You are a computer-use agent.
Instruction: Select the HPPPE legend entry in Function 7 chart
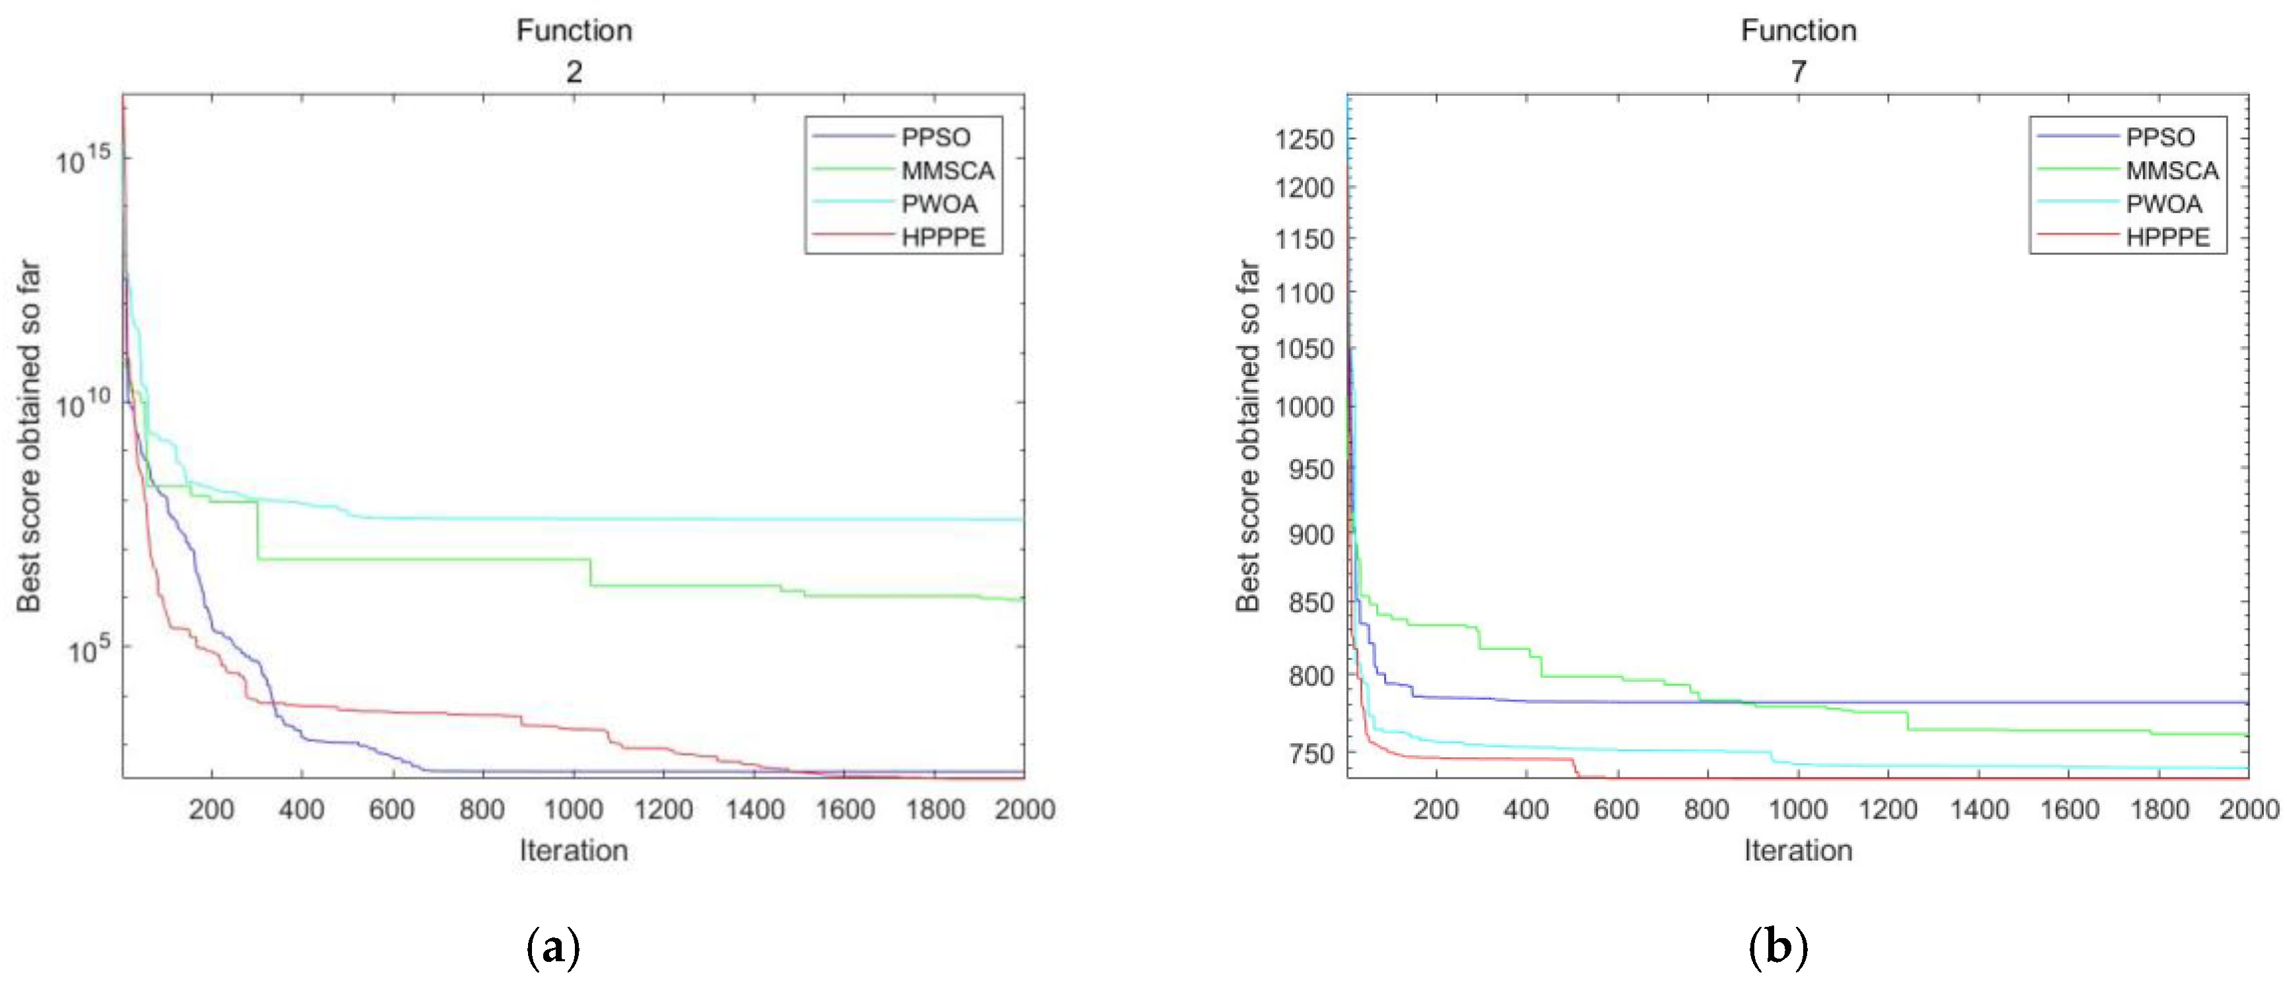[x=2167, y=237]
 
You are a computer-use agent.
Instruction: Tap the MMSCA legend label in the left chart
[x=947, y=170]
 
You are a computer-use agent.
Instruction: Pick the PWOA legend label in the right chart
[x=2164, y=204]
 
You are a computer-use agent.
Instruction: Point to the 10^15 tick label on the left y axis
[x=83, y=160]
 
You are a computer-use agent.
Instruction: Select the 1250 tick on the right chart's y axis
[x=1304, y=139]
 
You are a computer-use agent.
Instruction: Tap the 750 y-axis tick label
[x=1311, y=753]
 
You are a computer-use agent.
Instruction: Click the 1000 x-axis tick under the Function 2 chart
[x=573, y=809]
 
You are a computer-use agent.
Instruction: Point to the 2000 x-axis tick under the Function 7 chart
[x=2249, y=809]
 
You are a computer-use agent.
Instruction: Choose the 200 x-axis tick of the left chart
[x=211, y=809]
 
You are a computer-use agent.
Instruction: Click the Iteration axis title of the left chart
[x=574, y=850]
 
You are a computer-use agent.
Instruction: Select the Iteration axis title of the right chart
[x=1798, y=850]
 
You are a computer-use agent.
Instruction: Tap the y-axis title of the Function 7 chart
[x=1247, y=435]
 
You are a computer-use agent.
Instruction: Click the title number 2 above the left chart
[x=574, y=71]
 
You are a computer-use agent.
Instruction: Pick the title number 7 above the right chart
[x=1798, y=71]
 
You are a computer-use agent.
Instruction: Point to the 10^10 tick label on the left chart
[x=83, y=405]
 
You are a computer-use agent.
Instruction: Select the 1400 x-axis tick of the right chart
[x=1979, y=809]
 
